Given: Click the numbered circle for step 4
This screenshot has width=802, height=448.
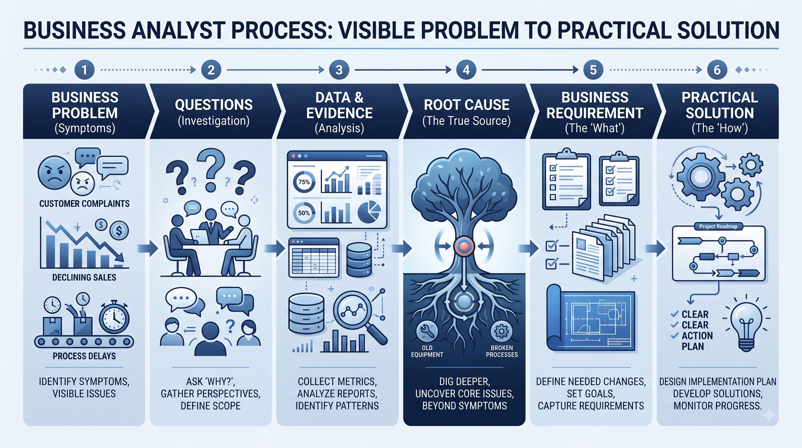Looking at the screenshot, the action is point(466,70).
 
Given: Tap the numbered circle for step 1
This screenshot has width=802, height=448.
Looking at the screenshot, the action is point(85,70).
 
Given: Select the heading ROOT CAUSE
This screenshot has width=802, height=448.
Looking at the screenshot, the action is point(466,105).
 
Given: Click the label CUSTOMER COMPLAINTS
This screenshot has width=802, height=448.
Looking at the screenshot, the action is point(85,204).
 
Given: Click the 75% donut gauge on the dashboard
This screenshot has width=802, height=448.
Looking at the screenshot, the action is point(304,182).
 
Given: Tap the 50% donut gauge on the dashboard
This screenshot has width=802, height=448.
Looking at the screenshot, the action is point(304,213).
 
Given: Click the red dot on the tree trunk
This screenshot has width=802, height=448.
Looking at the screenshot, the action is point(464,246).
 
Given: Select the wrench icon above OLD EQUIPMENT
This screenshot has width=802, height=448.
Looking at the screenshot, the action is point(427,331).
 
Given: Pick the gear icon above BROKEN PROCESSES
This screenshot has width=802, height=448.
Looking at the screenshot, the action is point(501,331).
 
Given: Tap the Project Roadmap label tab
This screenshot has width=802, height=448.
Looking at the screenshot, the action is point(718,227).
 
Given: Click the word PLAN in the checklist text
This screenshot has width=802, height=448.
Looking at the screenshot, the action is point(693,346).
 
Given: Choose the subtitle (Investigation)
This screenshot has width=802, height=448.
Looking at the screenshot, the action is point(214,121).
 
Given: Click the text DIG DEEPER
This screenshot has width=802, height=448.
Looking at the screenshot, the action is point(465,381).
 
